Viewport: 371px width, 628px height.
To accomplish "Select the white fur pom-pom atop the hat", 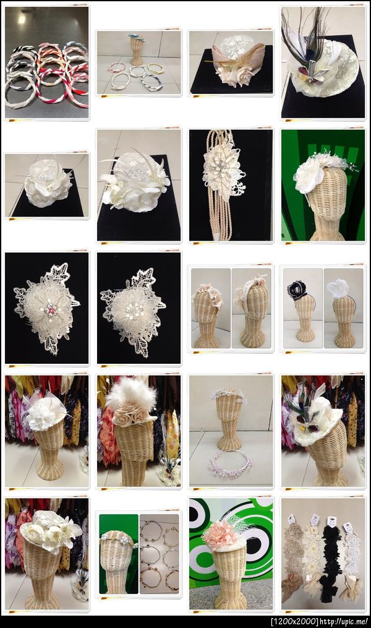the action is tap(131, 394).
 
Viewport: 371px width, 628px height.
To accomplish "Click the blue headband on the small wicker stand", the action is tap(137, 38).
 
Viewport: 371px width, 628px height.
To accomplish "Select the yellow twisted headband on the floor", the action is tap(155, 69).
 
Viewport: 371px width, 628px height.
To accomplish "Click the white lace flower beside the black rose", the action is tap(338, 287).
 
